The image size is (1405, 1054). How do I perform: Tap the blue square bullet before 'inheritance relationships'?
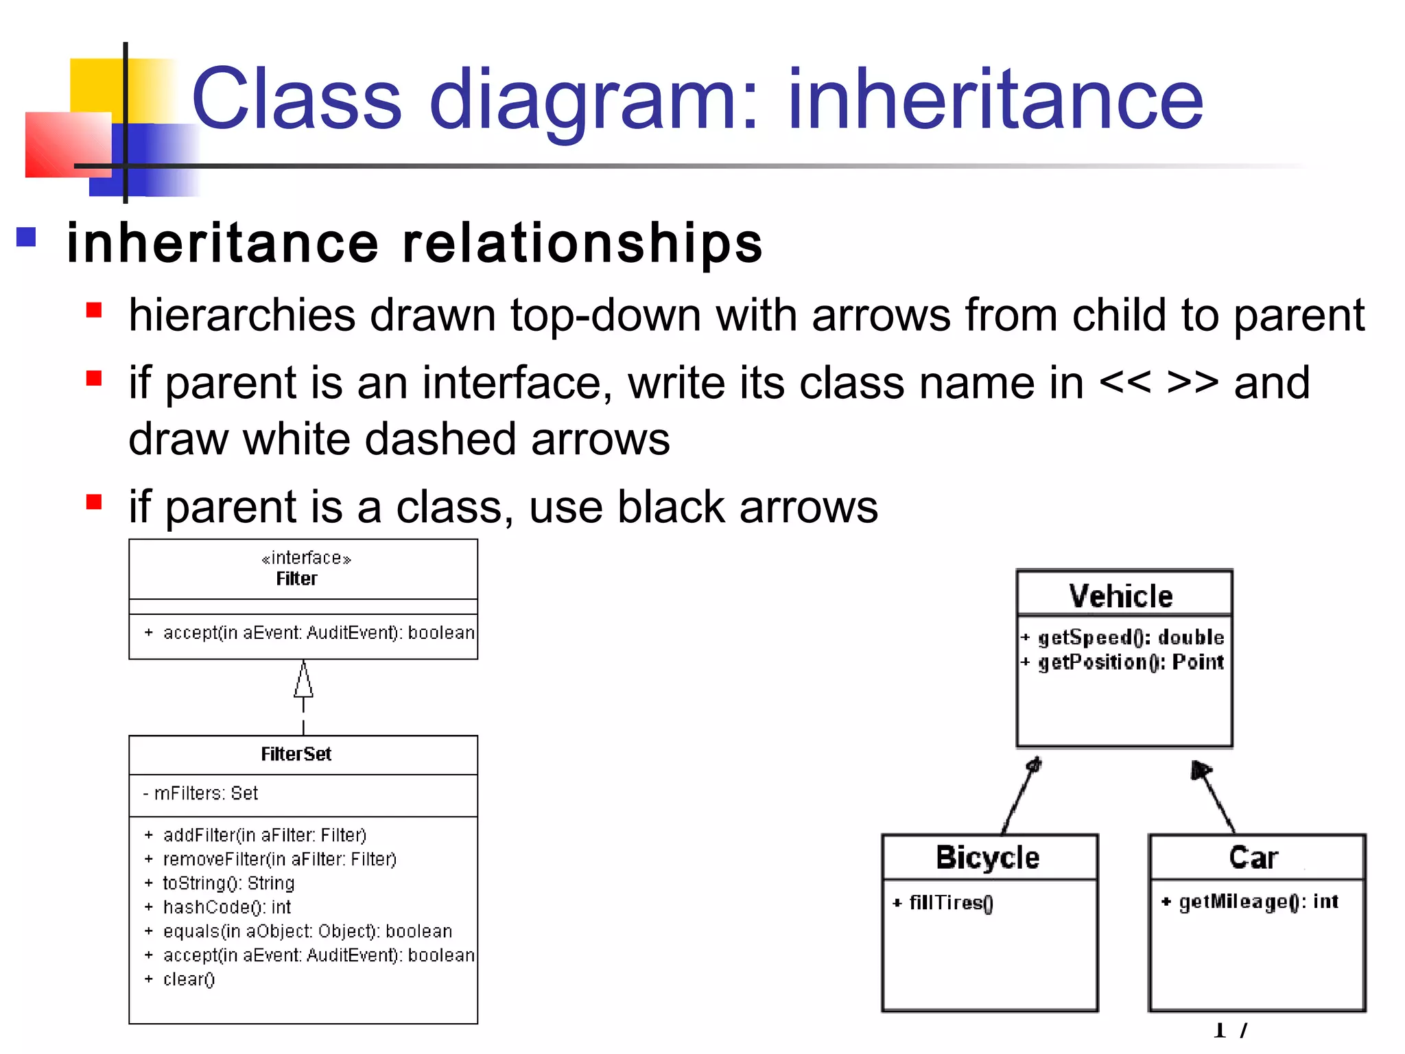click(x=26, y=237)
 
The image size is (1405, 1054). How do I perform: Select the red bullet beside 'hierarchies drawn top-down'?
click(x=94, y=311)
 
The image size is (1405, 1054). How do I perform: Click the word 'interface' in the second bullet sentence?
click(x=516, y=383)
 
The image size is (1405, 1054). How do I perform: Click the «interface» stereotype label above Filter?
click(x=306, y=559)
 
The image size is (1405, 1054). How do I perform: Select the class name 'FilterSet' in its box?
click(x=296, y=754)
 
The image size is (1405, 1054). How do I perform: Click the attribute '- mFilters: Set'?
click(x=200, y=793)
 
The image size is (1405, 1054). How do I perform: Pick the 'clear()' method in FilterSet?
click(x=189, y=979)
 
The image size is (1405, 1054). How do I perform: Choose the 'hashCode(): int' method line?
click(x=226, y=907)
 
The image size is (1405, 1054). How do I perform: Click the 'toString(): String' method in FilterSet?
click(x=228, y=883)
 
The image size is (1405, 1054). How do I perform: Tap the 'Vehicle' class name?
click(x=1120, y=596)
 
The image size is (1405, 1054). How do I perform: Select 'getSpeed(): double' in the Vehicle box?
click(x=1131, y=637)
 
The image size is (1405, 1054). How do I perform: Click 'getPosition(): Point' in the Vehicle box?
click(x=1131, y=662)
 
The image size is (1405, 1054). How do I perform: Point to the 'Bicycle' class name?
click(x=987, y=858)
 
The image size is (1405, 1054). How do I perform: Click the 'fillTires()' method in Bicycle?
click(x=951, y=903)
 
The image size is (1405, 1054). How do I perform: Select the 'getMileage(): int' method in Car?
click(x=1258, y=902)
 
